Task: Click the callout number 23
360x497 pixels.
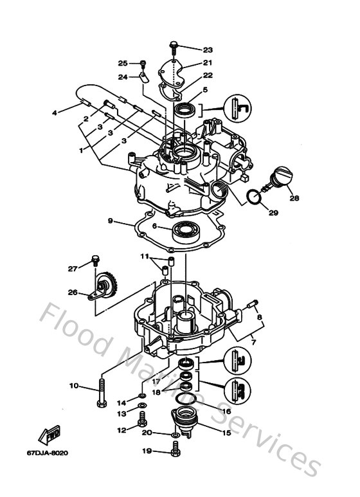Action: (x=207, y=50)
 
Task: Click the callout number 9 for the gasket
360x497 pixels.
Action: (x=110, y=221)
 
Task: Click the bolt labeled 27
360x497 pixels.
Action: (x=96, y=260)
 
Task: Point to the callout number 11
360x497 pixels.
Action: (x=145, y=256)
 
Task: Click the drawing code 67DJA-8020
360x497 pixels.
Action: (x=49, y=453)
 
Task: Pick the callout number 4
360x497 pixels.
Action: (x=55, y=113)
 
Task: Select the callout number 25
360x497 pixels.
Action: (x=122, y=62)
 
